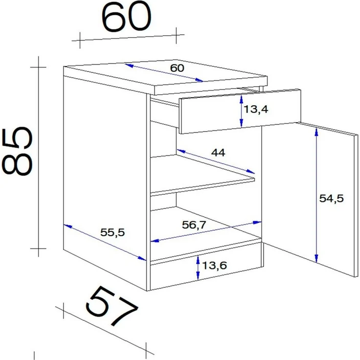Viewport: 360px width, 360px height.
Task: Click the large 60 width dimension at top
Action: click(x=126, y=17)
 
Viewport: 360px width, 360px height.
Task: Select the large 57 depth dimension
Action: click(x=112, y=305)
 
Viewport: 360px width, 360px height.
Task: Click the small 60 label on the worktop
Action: click(x=177, y=68)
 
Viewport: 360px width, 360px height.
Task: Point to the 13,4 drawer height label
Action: click(x=256, y=109)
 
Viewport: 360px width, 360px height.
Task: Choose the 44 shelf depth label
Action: click(x=218, y=153)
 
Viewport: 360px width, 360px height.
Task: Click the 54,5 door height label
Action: click(x=331, y=199)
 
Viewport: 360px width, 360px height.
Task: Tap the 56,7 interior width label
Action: click(x=194, y=225)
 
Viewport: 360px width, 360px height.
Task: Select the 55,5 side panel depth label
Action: click(x=112, y=232)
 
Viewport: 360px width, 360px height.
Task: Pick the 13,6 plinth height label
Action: click(x=214, y=266)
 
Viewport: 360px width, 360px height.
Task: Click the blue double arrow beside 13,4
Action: click(x=241, y=112)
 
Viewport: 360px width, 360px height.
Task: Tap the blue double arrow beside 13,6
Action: click(x=198, y=268)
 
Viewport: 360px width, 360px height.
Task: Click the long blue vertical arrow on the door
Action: click(x=316, y=195)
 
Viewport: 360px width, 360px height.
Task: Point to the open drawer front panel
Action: click(x=240, y=112)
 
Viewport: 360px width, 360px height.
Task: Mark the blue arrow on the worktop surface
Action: click(x=164, y=72)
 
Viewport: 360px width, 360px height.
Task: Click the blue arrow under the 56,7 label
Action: click(x=206, y=232)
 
